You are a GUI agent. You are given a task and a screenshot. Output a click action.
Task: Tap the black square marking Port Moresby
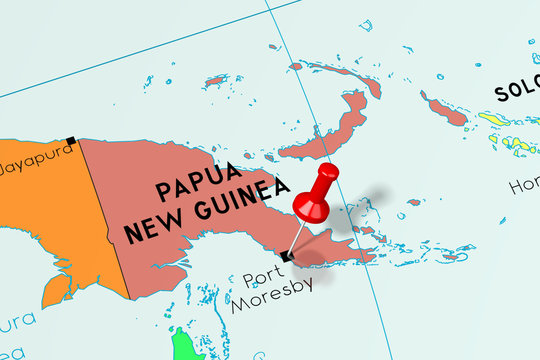coord(286,256)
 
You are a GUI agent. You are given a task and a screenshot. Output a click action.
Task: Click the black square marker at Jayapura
coord(70,141)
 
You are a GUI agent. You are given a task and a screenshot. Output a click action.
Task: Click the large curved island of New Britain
coord(330,130)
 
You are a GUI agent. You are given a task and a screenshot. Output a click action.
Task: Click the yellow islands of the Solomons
coord(505,135)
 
